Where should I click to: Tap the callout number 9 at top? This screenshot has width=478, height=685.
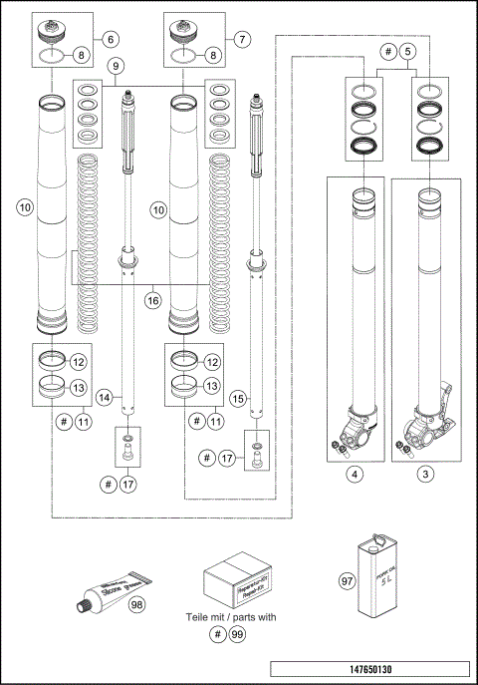point(117,67)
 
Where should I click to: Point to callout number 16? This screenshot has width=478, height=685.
point(152,298)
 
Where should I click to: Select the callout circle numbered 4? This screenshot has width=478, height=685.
point(354,475)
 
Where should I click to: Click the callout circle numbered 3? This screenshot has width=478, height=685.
point(425,475)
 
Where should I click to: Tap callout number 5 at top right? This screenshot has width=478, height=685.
point(410,50)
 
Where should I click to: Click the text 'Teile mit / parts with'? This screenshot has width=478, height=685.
point(239,617)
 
